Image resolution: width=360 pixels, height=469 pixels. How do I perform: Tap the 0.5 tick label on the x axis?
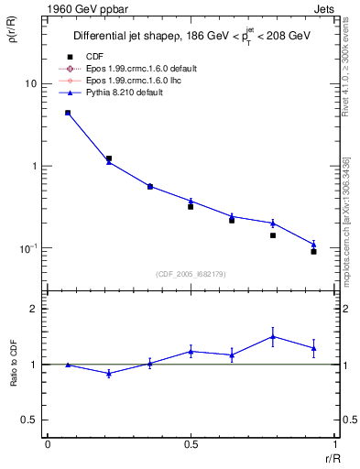(191, 445)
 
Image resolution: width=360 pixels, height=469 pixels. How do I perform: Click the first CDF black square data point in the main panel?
(68, 113)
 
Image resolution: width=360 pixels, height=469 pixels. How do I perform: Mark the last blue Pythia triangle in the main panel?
(313, 245)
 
